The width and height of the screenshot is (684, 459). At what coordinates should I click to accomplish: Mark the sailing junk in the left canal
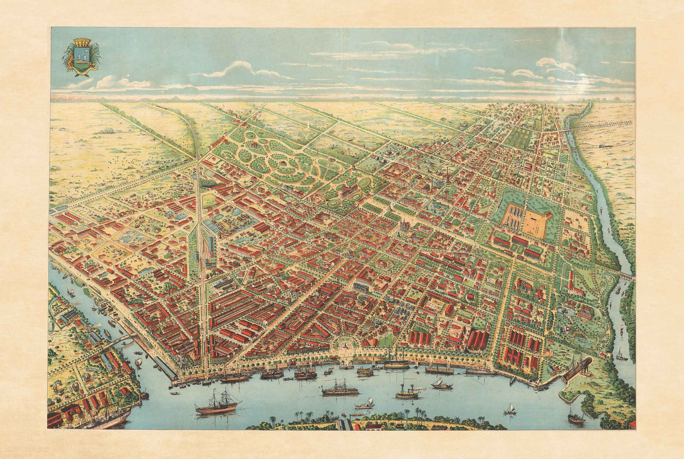tap(139, 362)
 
